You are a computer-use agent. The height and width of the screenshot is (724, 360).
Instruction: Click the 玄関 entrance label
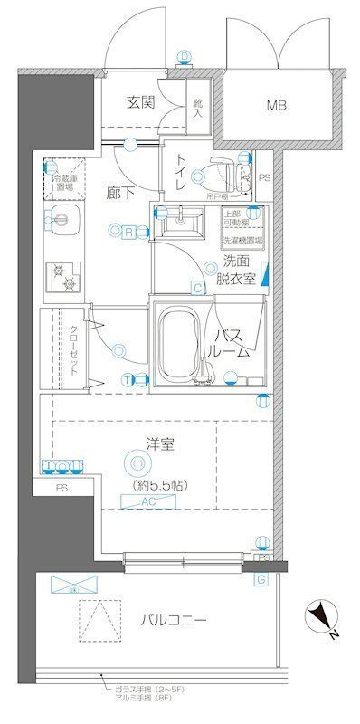[140, 102]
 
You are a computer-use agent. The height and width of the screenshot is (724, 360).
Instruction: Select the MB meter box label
[277, 106]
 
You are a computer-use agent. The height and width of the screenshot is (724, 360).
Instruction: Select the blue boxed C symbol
[196, 289]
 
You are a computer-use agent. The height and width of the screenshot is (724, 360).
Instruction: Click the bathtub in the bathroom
[179, 343]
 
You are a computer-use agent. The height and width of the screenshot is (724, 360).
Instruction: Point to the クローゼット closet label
[73, 350]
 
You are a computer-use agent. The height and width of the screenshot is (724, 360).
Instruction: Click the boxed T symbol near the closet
[128, 378]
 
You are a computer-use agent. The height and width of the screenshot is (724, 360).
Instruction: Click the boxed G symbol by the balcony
[261, 579]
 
